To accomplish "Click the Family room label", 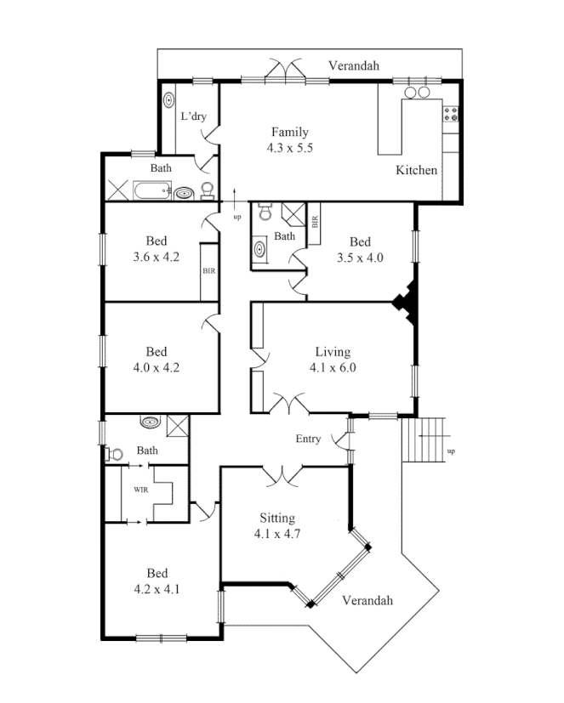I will (289, 132).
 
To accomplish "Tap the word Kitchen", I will (417, 170).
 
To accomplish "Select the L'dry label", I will (193, 116).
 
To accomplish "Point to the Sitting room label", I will (278, 518).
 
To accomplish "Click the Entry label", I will (308, 439).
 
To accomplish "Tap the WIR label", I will (140, 490).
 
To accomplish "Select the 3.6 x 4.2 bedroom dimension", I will (157, 257).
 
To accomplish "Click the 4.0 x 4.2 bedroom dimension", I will (157, 368).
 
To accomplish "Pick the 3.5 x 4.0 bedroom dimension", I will (360, 257).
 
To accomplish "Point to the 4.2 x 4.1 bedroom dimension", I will (157, 589).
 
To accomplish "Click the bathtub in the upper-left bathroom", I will (152, 190).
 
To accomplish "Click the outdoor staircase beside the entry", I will (424, 439).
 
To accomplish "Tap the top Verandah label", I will (355, 65).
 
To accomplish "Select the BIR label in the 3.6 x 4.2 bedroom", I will (208, 271).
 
